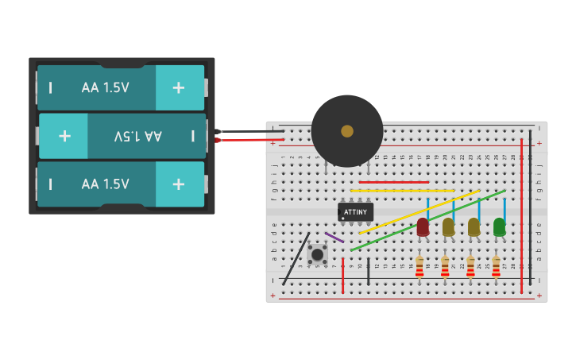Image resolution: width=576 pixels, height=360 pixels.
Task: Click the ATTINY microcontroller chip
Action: [355, 212]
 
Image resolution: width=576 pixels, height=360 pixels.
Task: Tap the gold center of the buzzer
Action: [347, 131]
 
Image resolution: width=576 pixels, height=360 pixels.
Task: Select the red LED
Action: [423, 227]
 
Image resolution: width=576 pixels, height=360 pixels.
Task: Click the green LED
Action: [499, 227]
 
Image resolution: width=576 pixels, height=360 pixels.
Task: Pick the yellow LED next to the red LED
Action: [448, 227]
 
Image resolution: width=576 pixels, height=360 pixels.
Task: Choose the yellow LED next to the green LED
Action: [474, 227]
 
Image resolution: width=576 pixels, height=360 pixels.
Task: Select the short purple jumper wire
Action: [334, 238]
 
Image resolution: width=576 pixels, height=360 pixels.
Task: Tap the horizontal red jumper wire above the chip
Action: [393, 182]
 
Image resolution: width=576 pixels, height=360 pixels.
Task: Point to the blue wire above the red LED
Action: [427, 208]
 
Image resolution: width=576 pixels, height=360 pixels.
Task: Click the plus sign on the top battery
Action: [179, 87]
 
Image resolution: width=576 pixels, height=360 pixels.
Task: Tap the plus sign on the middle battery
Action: [64, 136]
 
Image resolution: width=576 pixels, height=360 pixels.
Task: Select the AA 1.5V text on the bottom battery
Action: [105, 184]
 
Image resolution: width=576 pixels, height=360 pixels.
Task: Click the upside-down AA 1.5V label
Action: [137, 136]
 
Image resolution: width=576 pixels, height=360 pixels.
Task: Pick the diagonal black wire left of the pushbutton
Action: [297, 259]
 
